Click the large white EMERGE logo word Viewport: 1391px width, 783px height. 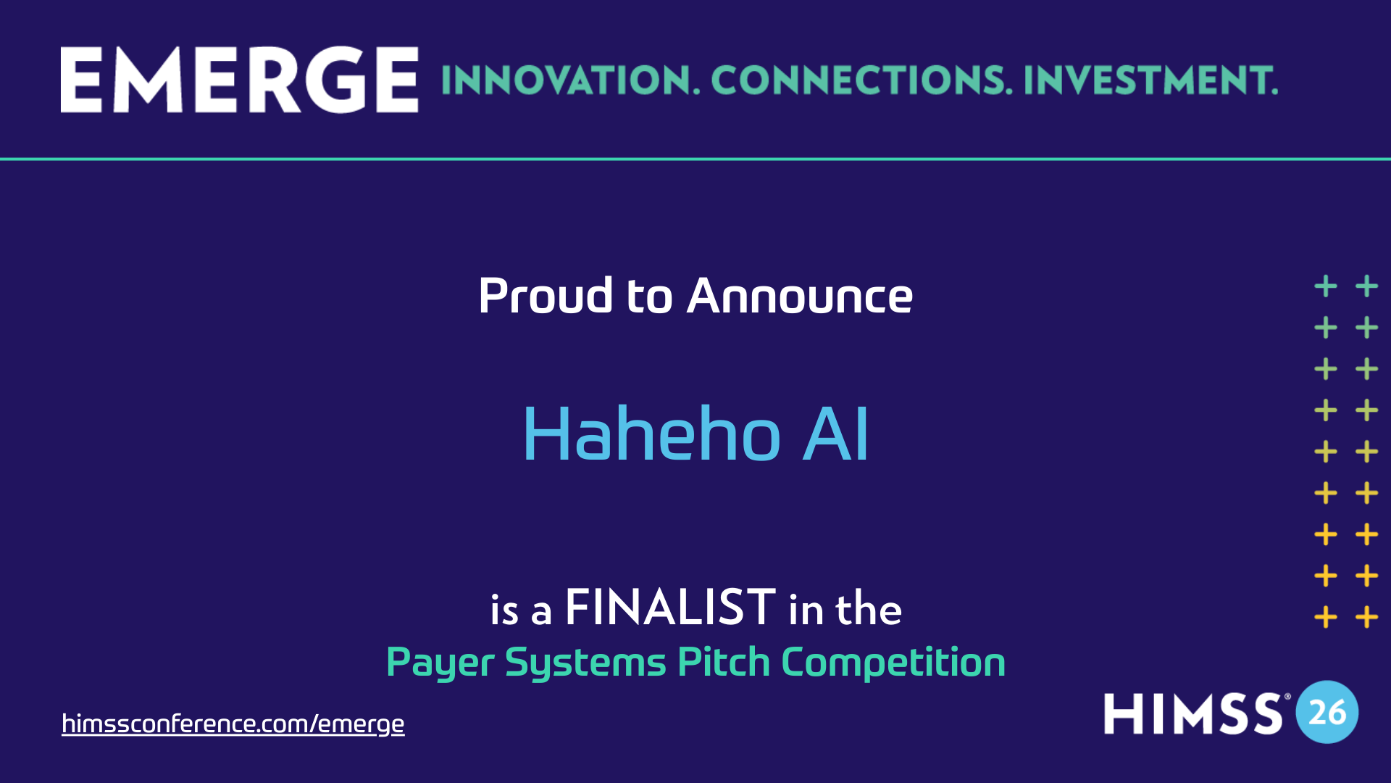(239, 80)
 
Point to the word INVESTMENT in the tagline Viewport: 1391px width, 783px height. (1150, 80)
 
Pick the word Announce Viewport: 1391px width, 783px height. (800, 296)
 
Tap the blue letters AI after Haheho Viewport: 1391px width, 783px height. (835, 434)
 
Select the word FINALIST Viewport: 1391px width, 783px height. (670, 608)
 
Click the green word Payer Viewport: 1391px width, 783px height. (440, 663)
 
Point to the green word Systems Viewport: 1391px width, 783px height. (585, 663)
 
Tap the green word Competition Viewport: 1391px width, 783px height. (893, 663)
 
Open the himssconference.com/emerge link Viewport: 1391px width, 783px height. (233, 724)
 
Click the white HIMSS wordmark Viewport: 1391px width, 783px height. (1193, 713)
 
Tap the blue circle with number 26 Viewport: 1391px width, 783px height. (1327, 712)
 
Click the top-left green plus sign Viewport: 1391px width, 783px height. (1326, 286)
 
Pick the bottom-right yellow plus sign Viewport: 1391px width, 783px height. (1367, 618)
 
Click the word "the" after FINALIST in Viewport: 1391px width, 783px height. (869, 609)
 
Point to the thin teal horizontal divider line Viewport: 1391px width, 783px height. (695, 159)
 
